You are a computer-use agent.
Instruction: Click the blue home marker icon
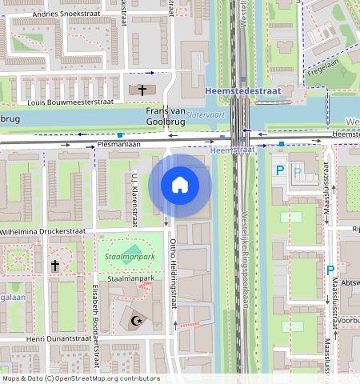180,185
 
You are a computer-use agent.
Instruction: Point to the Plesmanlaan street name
118,145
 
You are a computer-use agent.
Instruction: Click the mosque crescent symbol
134,322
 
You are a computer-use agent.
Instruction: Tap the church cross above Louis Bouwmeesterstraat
142,90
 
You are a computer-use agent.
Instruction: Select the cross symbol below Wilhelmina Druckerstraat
54,265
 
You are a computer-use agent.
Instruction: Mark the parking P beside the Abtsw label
330,271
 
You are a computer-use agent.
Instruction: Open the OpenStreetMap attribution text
80,378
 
